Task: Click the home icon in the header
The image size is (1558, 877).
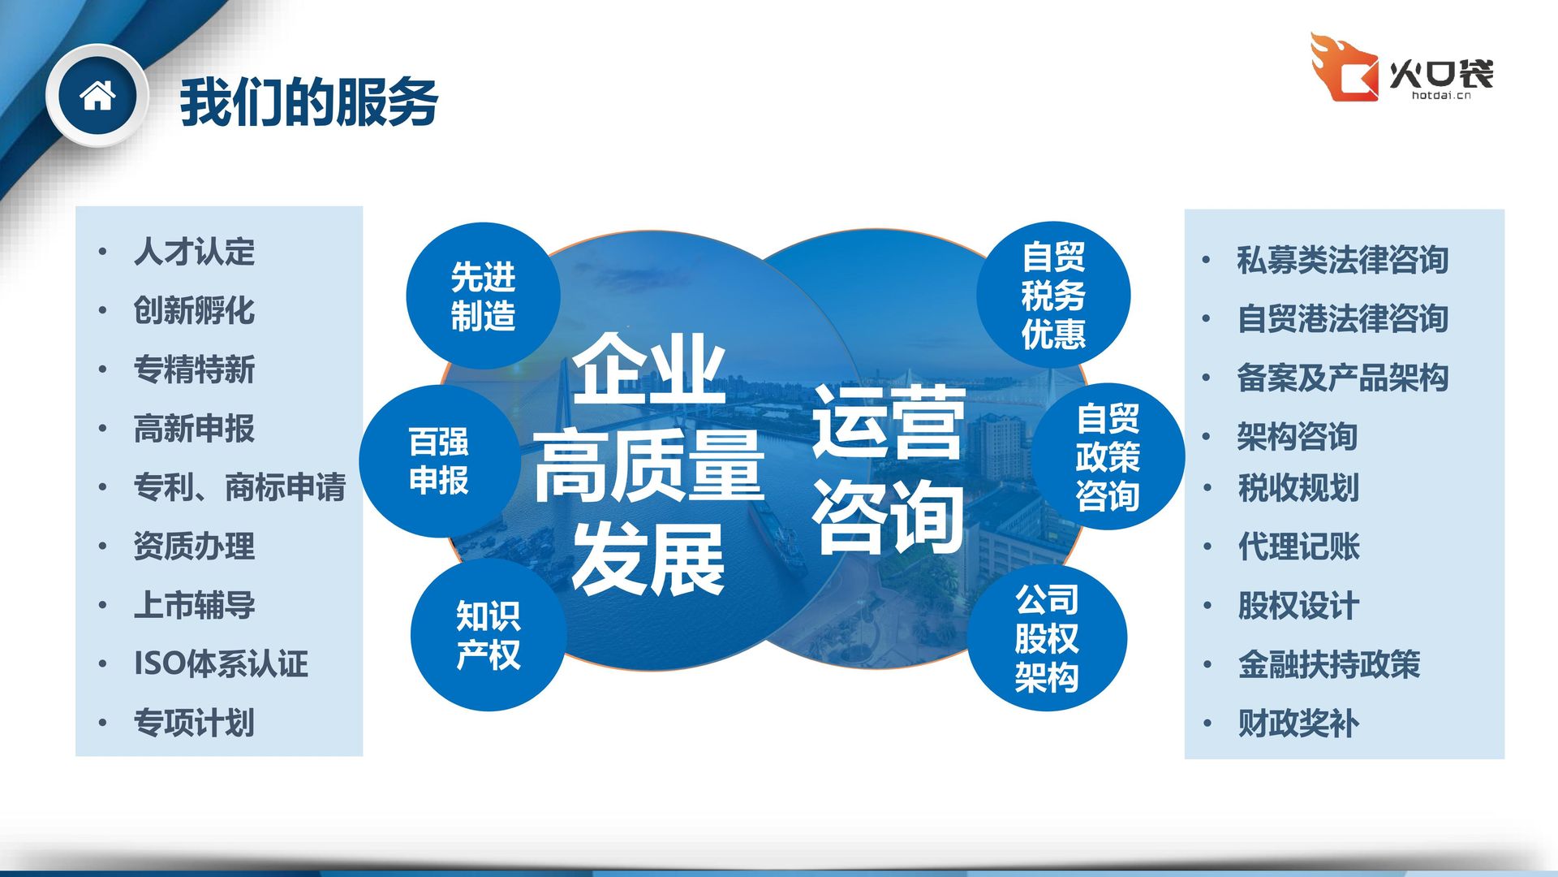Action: (x=97, y=96)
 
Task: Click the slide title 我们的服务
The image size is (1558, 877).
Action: (x=309, y=102)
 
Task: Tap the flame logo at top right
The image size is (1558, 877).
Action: (x=1344, y=67)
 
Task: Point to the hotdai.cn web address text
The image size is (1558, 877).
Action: (x=1441, y=95)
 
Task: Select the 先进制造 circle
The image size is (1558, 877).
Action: (x=484, y=296)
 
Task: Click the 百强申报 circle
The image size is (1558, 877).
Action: (x=439, y=461)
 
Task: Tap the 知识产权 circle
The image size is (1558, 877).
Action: (x=488, y=635)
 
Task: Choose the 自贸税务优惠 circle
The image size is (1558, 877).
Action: (x=1053, y=296)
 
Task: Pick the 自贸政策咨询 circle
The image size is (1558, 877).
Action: (x=1108, y=457)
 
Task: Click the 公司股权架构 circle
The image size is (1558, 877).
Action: (x=1047, y=638)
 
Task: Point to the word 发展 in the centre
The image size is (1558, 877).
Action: (x=648, y=559)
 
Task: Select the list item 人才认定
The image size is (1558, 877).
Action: (x=195, y=252)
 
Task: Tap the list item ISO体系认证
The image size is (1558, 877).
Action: (x=222, y=663)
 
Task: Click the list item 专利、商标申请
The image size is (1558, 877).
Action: (x=240, y=487)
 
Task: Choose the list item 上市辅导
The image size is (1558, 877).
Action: (x=195, y=605)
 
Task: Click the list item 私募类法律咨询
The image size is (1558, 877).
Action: (x=1343, y=260)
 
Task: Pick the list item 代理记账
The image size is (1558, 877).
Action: (x=1299, y=547)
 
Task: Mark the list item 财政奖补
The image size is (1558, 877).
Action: (x=1299, y=723)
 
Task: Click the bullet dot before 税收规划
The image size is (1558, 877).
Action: (x=1207, y=488)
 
